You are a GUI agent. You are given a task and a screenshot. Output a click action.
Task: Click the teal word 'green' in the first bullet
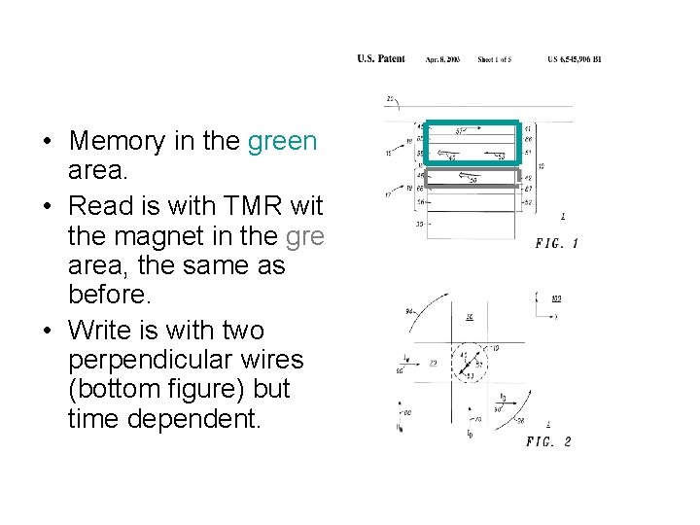282,141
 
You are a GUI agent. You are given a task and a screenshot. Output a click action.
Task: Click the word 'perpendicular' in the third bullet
186,361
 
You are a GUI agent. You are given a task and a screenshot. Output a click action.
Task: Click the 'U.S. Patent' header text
381,59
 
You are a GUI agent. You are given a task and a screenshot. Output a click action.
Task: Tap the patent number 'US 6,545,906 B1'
575,59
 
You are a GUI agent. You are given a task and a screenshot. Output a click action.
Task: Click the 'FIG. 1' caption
556,243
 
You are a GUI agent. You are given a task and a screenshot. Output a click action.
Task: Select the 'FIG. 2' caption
548,441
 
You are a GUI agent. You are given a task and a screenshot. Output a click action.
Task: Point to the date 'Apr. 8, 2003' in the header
441,59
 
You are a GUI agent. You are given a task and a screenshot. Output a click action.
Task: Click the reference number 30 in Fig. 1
420,224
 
